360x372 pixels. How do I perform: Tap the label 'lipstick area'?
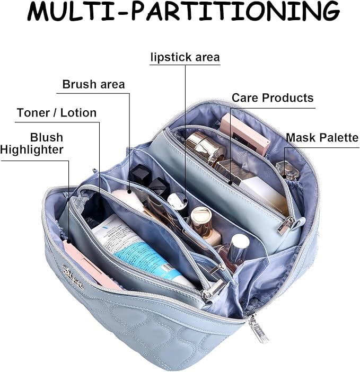click(x=184, y=57)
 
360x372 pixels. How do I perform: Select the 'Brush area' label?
click(x=93, y=84)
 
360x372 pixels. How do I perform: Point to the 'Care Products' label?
click(x=273, y=98)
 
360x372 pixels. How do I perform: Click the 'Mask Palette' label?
click(x=322, y=138)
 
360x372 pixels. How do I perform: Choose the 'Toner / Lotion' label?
click(x=56, y=112)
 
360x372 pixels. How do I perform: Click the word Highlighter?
click(x=32, y=150)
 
